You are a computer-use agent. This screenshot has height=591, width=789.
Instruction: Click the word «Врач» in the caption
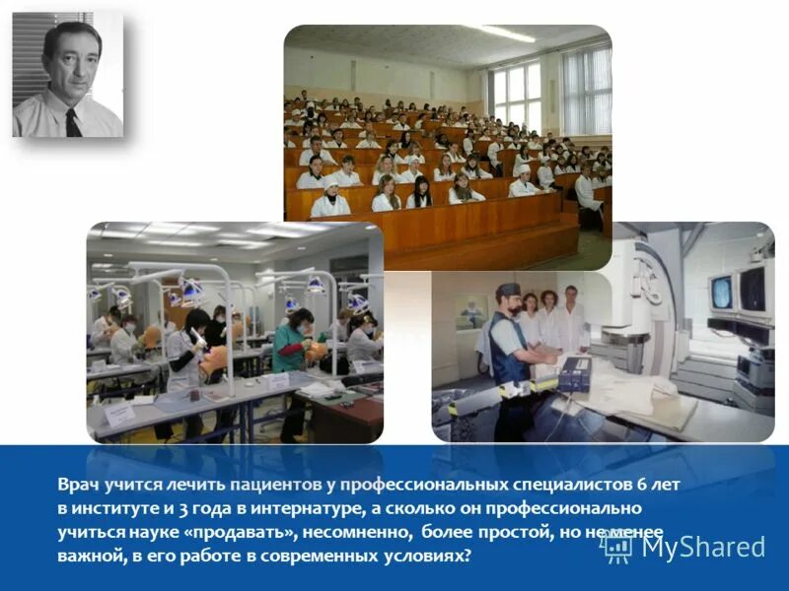tap(77, 485)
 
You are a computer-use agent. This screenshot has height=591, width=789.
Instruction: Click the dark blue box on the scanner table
tap(574, 373)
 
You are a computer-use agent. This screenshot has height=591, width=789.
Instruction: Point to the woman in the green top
tap(292, 345)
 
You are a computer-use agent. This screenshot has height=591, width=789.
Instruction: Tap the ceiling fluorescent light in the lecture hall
tap(506, 33)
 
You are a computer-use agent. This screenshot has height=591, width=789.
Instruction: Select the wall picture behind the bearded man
tap(470, 311)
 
